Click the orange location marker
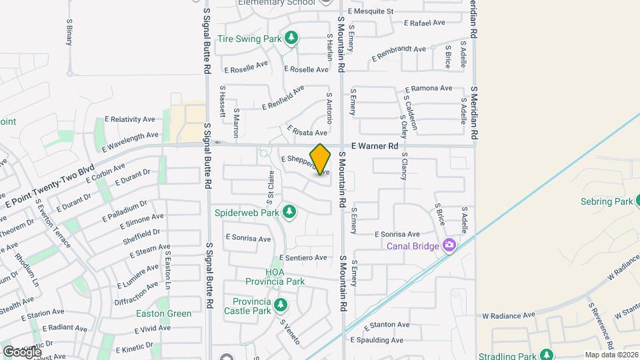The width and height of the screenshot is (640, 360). (321, 159)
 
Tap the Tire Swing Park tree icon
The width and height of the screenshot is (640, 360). (291, 39)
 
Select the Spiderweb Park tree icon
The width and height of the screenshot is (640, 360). (289, 213)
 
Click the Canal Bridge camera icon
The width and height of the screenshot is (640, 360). (449, 245)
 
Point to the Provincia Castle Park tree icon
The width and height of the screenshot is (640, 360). (281, 305)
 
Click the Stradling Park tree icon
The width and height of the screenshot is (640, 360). (547, 354)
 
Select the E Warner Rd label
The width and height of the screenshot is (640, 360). (374, 145)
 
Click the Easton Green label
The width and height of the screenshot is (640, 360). (163, 313)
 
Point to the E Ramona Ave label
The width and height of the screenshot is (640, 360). (427, 89)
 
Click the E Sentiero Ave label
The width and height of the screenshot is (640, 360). (303, 257)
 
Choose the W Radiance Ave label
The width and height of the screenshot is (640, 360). (509, 315)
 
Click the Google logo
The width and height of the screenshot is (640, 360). (22, 351)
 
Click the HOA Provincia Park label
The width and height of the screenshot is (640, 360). (285, 277)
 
